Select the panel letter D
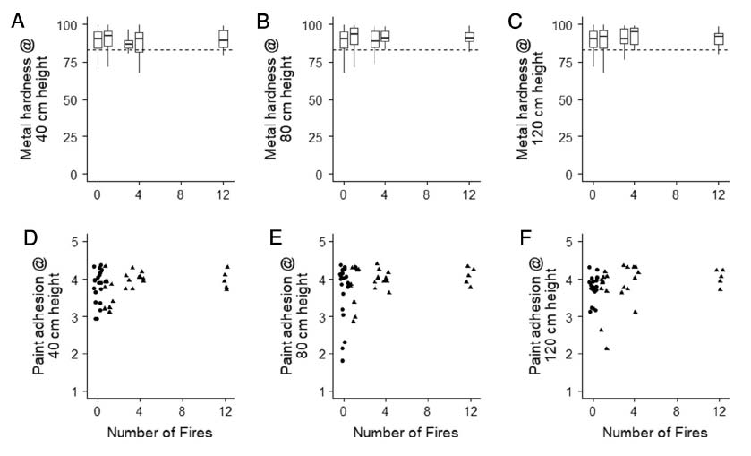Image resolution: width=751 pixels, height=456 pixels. [17, 240]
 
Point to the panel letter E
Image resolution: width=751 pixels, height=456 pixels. [266, 240]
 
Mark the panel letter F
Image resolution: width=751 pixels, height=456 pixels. [514, 240]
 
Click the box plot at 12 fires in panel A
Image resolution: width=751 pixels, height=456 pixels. [224, 39]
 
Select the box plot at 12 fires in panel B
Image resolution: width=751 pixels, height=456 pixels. [469, 37]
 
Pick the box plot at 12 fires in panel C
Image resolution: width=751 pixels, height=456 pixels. [718, 39]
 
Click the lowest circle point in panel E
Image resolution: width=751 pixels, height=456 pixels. [342, 361]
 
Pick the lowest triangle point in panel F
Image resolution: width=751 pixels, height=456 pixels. [607, 348]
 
